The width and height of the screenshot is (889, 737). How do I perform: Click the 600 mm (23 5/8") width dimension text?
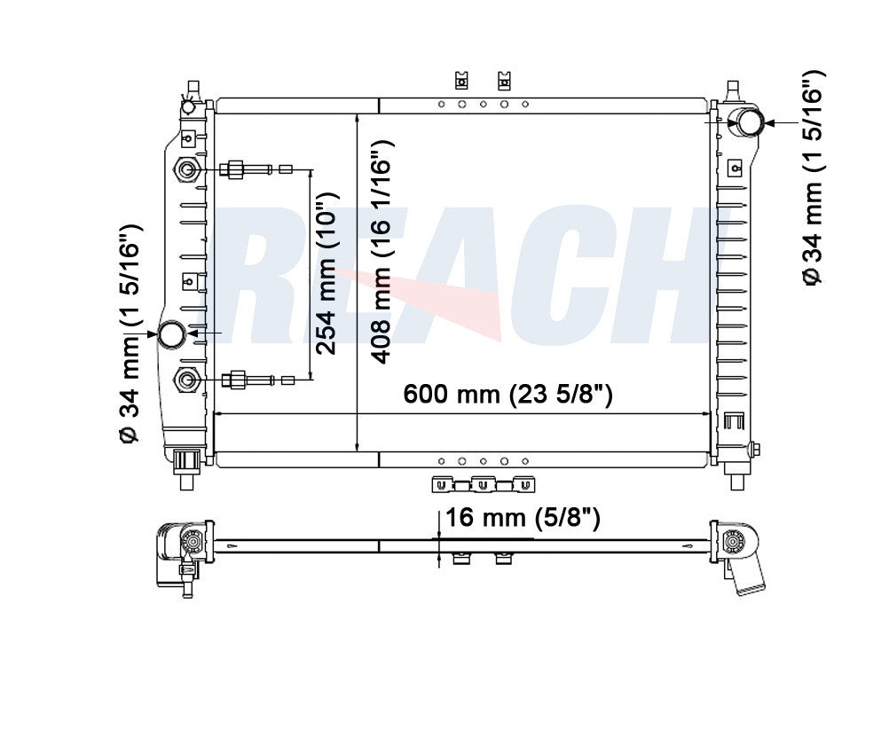click(507, 394)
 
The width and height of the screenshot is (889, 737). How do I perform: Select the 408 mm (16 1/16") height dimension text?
click(381, 251)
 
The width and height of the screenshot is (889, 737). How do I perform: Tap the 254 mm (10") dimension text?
click(326, 274)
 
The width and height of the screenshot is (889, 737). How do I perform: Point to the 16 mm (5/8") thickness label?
click(523, 517)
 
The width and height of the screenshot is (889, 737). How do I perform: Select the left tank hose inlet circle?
click(171, 334)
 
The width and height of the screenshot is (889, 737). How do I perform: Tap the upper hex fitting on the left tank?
click(186, 169)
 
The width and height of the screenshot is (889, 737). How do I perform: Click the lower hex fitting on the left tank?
click(186, 380)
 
